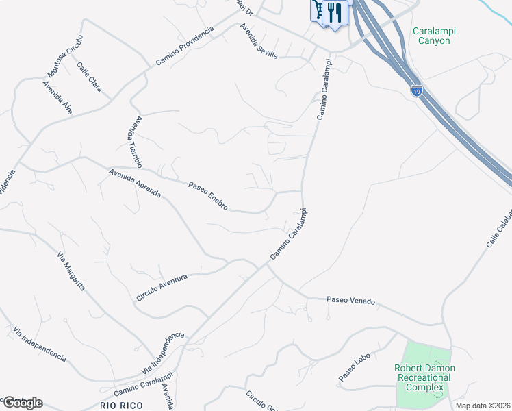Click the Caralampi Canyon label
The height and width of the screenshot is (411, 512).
point(435,36)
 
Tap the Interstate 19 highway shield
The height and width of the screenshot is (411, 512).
point(416,90)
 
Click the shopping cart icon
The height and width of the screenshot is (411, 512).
point(318,10)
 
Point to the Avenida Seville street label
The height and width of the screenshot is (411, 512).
point(258,41)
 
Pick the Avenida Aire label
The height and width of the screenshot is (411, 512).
point(57,98)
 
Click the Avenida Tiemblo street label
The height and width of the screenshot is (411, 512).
point(134,142)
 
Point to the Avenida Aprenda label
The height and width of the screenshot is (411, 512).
point(134,184)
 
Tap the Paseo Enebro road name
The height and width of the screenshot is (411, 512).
point(207,195)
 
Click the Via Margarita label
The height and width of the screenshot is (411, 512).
point(71,271)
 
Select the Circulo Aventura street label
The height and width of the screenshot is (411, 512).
point(162,286)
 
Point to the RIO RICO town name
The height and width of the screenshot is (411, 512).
point(121,406)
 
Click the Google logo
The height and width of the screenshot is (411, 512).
point(23,403)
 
